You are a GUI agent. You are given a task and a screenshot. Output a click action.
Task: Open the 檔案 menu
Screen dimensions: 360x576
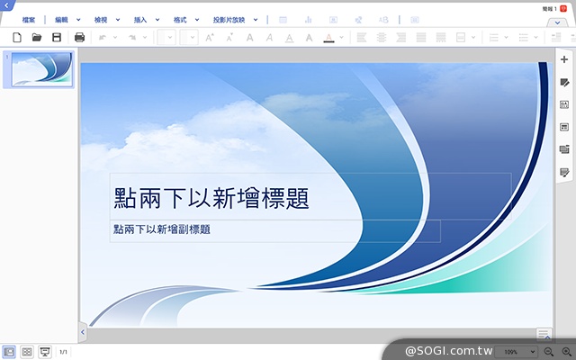29,19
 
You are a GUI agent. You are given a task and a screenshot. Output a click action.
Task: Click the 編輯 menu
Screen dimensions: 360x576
61,19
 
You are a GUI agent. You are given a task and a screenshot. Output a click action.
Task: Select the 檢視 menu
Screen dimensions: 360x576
101,19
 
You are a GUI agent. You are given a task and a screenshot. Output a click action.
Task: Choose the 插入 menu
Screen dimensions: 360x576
139,19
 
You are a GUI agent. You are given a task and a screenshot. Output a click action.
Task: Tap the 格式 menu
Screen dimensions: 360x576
180,19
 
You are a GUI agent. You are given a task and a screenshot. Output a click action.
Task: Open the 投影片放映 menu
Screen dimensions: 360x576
229,19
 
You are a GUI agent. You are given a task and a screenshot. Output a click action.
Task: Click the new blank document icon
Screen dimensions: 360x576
16,38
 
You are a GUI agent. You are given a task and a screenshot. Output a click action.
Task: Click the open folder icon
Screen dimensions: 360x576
37,38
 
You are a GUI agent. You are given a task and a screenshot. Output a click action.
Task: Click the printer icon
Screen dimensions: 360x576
79,38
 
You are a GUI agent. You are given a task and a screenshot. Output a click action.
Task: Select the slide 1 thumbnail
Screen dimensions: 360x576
38,69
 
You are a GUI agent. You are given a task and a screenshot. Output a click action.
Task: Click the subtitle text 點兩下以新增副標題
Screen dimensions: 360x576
162,229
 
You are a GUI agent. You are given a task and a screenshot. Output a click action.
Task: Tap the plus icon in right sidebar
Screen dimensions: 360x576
564,59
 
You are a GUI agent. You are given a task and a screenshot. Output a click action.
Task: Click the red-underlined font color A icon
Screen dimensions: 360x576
329,38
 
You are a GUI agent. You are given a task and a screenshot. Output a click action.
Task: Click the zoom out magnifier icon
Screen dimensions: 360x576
549,351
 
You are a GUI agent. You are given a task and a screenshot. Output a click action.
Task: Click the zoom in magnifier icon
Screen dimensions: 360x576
566,351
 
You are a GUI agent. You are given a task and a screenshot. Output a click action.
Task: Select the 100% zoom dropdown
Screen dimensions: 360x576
517,351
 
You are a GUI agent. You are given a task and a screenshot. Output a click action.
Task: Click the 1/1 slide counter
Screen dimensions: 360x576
63,352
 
